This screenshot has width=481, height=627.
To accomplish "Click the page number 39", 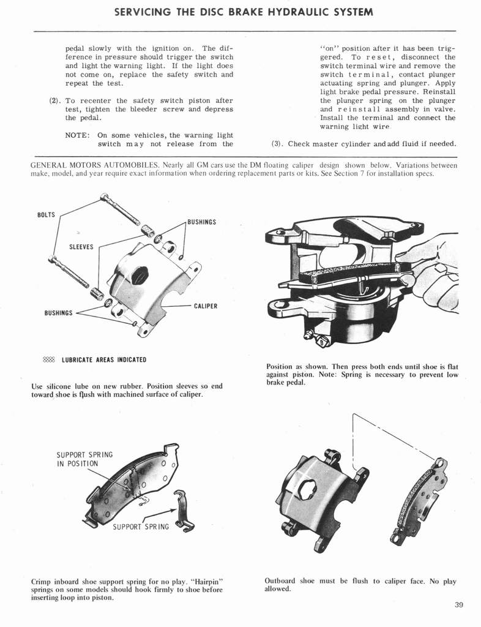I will click(459, 606).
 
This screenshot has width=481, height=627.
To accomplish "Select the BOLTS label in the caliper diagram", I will click(46, 215).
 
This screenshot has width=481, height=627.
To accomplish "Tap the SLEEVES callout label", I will click(81, 247).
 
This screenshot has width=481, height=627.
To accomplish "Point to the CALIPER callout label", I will click(205, 306).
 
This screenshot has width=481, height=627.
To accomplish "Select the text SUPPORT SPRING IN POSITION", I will click(84, 459).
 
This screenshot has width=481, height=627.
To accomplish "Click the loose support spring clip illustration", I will click(183, 509).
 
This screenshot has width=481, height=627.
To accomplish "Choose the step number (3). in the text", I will click(277, 144).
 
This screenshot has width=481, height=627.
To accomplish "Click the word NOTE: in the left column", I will click(77, 135).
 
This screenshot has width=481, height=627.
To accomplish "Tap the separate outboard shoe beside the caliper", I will click(421, 502).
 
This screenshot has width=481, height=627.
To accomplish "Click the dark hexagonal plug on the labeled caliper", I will click(139, 275).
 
